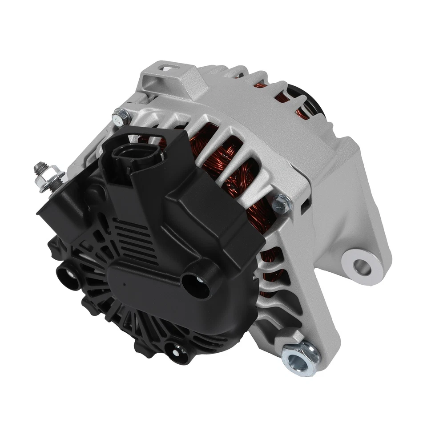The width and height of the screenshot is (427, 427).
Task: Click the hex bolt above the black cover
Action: point(121,117)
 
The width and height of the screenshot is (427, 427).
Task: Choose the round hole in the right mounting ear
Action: point(362,266)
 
